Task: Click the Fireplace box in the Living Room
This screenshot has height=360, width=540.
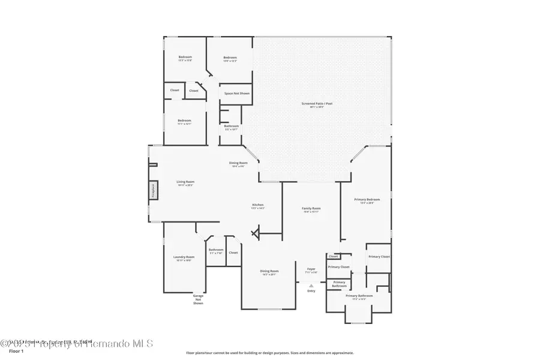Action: (x=154, y=190)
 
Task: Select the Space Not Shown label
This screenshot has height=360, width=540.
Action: (x=236, y=94)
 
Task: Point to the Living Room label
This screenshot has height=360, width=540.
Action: (x=185, y=182)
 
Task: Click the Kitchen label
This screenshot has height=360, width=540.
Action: (x=257, y=205)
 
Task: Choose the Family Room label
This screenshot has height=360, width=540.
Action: (x=311, y=208)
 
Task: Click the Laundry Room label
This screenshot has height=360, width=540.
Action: (x=184, y=257)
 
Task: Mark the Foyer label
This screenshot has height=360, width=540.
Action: (x=311, y=269)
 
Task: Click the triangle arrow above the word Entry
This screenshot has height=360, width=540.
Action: (x=311, y=286)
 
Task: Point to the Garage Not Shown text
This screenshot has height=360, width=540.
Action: (x=198, y=299)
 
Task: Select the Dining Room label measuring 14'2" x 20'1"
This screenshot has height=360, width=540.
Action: (x=269, y=271)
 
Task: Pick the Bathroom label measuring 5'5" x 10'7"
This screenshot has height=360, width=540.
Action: (x=232, y=126)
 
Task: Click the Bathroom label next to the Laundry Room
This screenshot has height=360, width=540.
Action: (x=216, y=250)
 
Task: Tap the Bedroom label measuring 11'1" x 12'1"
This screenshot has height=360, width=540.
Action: (x=184, y=120)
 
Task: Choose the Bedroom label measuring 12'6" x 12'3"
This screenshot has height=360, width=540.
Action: (x=230, y=58)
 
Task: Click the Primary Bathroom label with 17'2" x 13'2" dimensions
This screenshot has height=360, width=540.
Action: (x=359, y=296)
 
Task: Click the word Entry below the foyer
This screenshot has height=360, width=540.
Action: (x=311, y=291)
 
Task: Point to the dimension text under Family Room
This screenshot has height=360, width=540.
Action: (x=311, y=212)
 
